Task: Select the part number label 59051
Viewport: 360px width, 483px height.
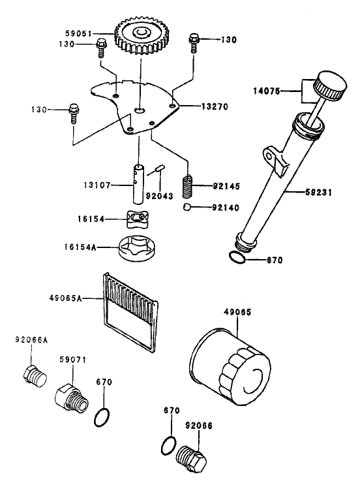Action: tap(78, 33)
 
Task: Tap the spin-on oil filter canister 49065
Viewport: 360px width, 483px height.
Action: tap(230, 366)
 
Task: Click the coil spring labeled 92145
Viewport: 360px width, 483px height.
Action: tap(187, 187)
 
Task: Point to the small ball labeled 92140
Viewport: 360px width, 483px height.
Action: tap(187, 207)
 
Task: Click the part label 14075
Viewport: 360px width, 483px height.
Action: tap(267, 91)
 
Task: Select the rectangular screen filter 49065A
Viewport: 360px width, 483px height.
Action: tap(131, 312)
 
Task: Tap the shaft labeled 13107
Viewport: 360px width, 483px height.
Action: tap(138, 184)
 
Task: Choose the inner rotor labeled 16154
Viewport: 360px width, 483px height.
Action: tap(138, 219)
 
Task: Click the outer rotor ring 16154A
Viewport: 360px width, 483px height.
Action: tap(138, 247)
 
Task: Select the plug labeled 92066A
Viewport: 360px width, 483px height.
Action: tap(35, 375)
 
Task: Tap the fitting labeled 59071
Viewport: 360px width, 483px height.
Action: tap(72, 397)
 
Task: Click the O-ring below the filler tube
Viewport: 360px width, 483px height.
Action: tap(237, 258)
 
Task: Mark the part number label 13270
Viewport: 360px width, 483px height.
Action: tap(215, 106)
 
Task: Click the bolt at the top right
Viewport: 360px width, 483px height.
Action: tap(194, 43)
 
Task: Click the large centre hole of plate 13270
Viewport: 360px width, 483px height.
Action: tap(140, 110)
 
